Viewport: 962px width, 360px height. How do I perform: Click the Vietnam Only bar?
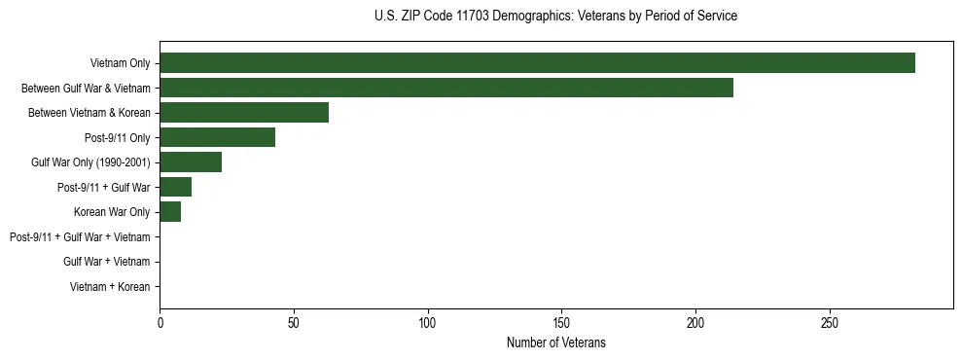click(x=537, y=63)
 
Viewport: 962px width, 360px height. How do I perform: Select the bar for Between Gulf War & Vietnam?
click(x=446, y=88)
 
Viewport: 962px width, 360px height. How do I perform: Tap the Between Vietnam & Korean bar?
click(x=244, y=113)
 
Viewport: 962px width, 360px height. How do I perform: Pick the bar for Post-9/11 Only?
click(x=217, y=137)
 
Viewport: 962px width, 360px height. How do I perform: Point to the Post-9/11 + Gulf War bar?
click(x=175, y=187)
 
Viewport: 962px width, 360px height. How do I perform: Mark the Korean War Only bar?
click(x=170, y=212)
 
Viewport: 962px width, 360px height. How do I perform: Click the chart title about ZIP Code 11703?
click(x=555, y=17)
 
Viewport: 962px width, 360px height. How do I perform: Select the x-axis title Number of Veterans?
click(x=555, y=342)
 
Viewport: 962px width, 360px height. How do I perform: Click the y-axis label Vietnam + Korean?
click(x=110, y=287)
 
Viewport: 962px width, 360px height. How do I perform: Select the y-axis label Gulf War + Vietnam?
click(x=106, y=262)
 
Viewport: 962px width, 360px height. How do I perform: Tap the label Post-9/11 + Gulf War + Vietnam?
click(x=80, y=237)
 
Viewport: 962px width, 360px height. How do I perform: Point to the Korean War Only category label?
click(x=112, y=212)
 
